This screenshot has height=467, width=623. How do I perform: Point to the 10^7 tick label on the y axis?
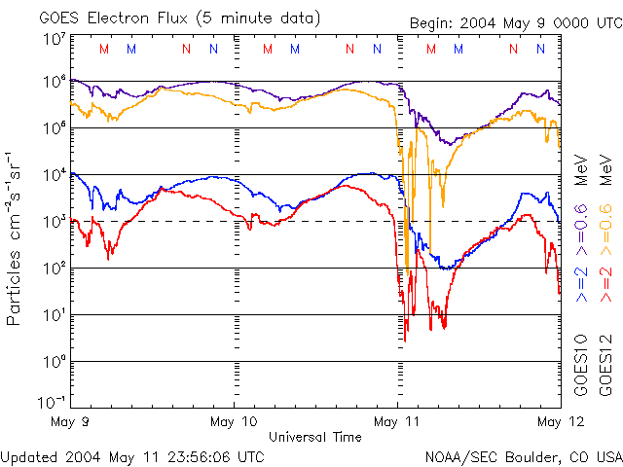click(x=54, y=40)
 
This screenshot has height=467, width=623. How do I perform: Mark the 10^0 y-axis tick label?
click(x=54, y=362)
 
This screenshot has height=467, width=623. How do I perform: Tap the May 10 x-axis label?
click(x=235, y=421)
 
